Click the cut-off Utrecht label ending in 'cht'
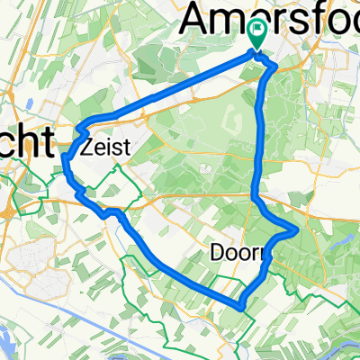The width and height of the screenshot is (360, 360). (x=27, y=142)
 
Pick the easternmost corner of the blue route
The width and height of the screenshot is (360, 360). (x=297, y=230)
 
